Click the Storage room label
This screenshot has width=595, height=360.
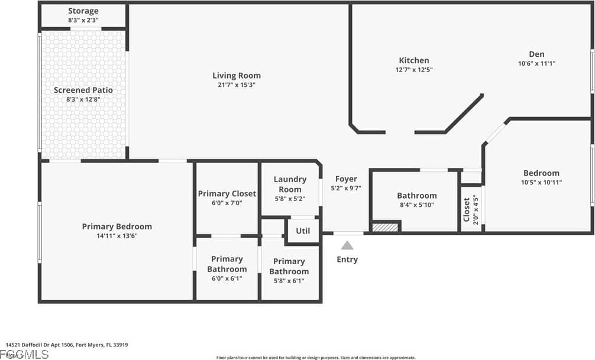coord(83,11)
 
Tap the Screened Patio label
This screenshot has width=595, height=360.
coord(83,90)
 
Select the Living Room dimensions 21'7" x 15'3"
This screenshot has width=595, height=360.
coord(237,85)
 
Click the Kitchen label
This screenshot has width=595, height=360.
coord(414,60)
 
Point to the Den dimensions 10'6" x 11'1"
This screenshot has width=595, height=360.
coord(536,63)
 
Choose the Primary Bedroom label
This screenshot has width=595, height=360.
coord(117,226)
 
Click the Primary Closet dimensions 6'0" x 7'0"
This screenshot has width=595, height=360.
coord(227,203)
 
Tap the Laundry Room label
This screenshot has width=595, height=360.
coord(290,184)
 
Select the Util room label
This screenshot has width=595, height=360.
coord(303,231)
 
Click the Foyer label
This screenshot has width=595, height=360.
coord(346,179)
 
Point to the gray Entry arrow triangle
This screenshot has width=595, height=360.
coord(347,245)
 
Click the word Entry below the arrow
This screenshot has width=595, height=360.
coord(347,259)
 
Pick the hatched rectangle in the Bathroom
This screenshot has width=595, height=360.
coord(385,227)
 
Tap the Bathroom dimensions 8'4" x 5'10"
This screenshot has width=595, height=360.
coord(417,205)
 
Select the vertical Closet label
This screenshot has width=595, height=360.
coord(467,209)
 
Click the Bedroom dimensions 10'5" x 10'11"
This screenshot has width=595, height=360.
coord(541,183)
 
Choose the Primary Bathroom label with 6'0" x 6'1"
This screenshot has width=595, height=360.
coord(227,264)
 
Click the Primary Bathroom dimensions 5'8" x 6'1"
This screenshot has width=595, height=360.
coord(289,281)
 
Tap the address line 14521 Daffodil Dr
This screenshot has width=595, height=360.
coord(67,345)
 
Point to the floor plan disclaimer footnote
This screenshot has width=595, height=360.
coord(316,357)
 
